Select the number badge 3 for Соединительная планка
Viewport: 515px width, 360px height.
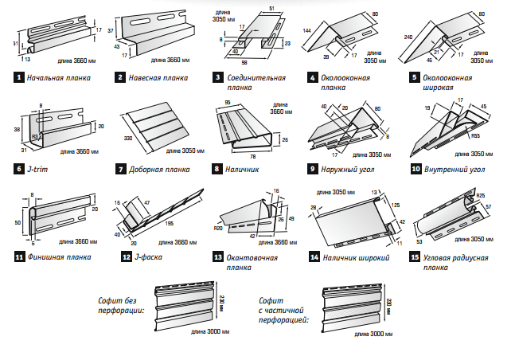click(x=217, y=77)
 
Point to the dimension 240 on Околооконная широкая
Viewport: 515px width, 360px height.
click(x=408, y=38)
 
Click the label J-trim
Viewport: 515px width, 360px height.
click(x=37, y=169)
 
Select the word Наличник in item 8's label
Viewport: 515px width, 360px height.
click(x=242, y=169)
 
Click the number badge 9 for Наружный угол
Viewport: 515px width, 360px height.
click(x=313, y=169)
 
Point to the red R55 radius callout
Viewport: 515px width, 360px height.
click(x=474, y=136)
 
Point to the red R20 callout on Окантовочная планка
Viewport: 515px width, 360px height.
click(x=217, y=227)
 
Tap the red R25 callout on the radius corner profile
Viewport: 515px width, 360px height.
click(x=481, y=195)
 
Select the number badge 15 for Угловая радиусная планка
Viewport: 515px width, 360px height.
click(x=416, y=257)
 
